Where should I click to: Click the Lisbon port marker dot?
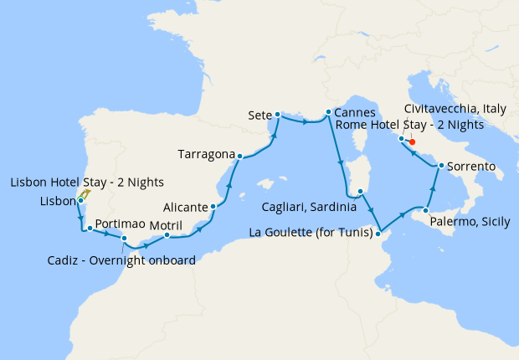[80, 201]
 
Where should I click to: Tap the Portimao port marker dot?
[89, 228]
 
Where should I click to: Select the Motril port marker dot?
[167, 235]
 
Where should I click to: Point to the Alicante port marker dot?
[213, 207]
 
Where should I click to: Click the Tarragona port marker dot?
[239, 156]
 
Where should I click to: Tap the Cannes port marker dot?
[326, 111]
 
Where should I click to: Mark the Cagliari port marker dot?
[360, 192]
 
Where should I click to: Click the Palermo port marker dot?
[425, 211]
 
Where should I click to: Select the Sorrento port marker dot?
[439, 167]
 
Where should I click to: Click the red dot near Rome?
[412, 141]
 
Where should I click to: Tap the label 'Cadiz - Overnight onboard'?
[122, 260]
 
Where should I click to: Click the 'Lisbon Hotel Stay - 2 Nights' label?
[87, 183]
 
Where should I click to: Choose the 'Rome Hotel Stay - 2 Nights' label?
[409, 124]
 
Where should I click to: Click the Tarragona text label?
[205, 154]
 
